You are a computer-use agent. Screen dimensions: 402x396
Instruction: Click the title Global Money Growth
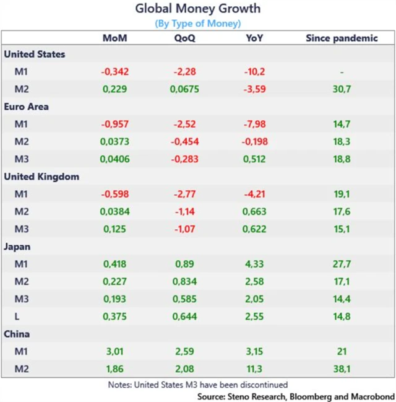tap(198, 9)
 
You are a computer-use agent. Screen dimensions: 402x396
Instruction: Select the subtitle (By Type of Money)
tap(198, 24)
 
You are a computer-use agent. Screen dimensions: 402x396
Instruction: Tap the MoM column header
tap(115, 38)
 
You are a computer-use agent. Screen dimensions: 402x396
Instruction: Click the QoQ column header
tap(184, 38)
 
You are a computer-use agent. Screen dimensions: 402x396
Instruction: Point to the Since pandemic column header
tap(342, 38)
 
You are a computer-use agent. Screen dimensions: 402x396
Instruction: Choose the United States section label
tap(35, 55)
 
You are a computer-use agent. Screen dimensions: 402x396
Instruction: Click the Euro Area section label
tap(26, 107)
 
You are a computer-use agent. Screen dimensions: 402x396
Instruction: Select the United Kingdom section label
tap(41, 177)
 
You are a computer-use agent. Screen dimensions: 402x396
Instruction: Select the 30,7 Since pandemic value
tap(342, 89)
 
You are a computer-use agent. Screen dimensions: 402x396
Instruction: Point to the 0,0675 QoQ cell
tap(184, 89)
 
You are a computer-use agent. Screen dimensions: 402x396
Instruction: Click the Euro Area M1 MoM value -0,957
tap(115, 124)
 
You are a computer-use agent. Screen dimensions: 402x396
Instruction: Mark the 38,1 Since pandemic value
tap(342, 369)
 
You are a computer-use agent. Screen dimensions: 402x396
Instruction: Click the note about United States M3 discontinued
tap(198, 384)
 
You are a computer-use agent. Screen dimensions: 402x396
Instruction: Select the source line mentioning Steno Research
tap(296, 395)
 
